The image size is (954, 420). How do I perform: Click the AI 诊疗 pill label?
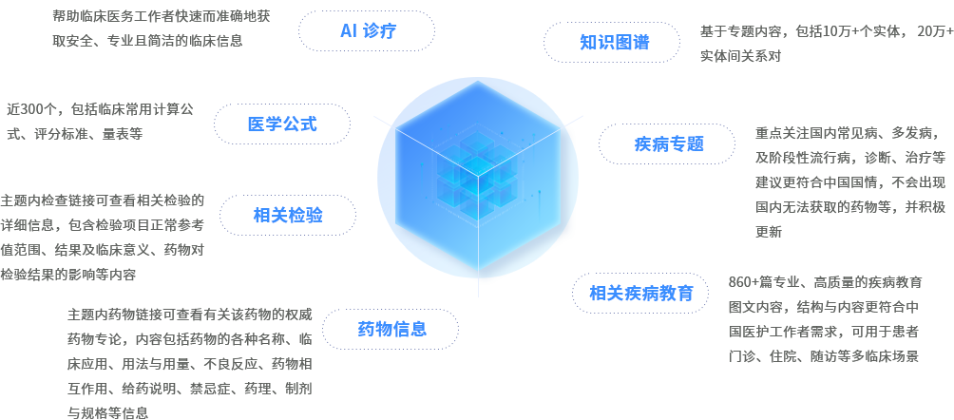tap(367, 31)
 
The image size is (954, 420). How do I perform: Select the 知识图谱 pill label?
tap(615, 43)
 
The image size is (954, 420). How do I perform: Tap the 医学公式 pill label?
tap(282, 124)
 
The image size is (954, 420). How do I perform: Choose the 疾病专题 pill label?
tap(668, 144)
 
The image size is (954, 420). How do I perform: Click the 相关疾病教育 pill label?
tap(641, 293)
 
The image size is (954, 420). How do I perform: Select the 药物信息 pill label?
tap(391, 330)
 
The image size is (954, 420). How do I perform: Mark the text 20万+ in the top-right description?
tap(935, 31)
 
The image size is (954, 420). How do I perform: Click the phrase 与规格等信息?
tap(107, 412)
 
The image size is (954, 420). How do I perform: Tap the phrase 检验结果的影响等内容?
tap(68, 275)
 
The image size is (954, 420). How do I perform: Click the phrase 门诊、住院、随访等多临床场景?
tap(823, 356)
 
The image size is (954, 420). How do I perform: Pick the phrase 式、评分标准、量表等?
tap(74, 134)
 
